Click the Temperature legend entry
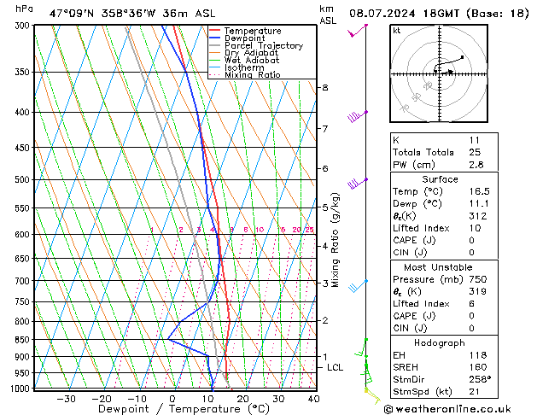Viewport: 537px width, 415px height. pos(252,31)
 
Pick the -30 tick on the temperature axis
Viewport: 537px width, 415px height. pos(66,399)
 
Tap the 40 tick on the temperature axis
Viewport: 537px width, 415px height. pos(314,399)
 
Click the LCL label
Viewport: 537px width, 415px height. pos(336,367)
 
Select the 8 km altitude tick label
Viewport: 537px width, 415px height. pos(324,88)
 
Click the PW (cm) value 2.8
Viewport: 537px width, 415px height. pos(475,165)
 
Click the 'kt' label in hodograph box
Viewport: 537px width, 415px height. pos(396,30)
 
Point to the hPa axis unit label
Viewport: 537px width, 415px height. pos(25,9)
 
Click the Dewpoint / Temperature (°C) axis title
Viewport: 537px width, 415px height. pos(172,410)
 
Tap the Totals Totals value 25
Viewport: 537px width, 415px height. pos(475,152)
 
